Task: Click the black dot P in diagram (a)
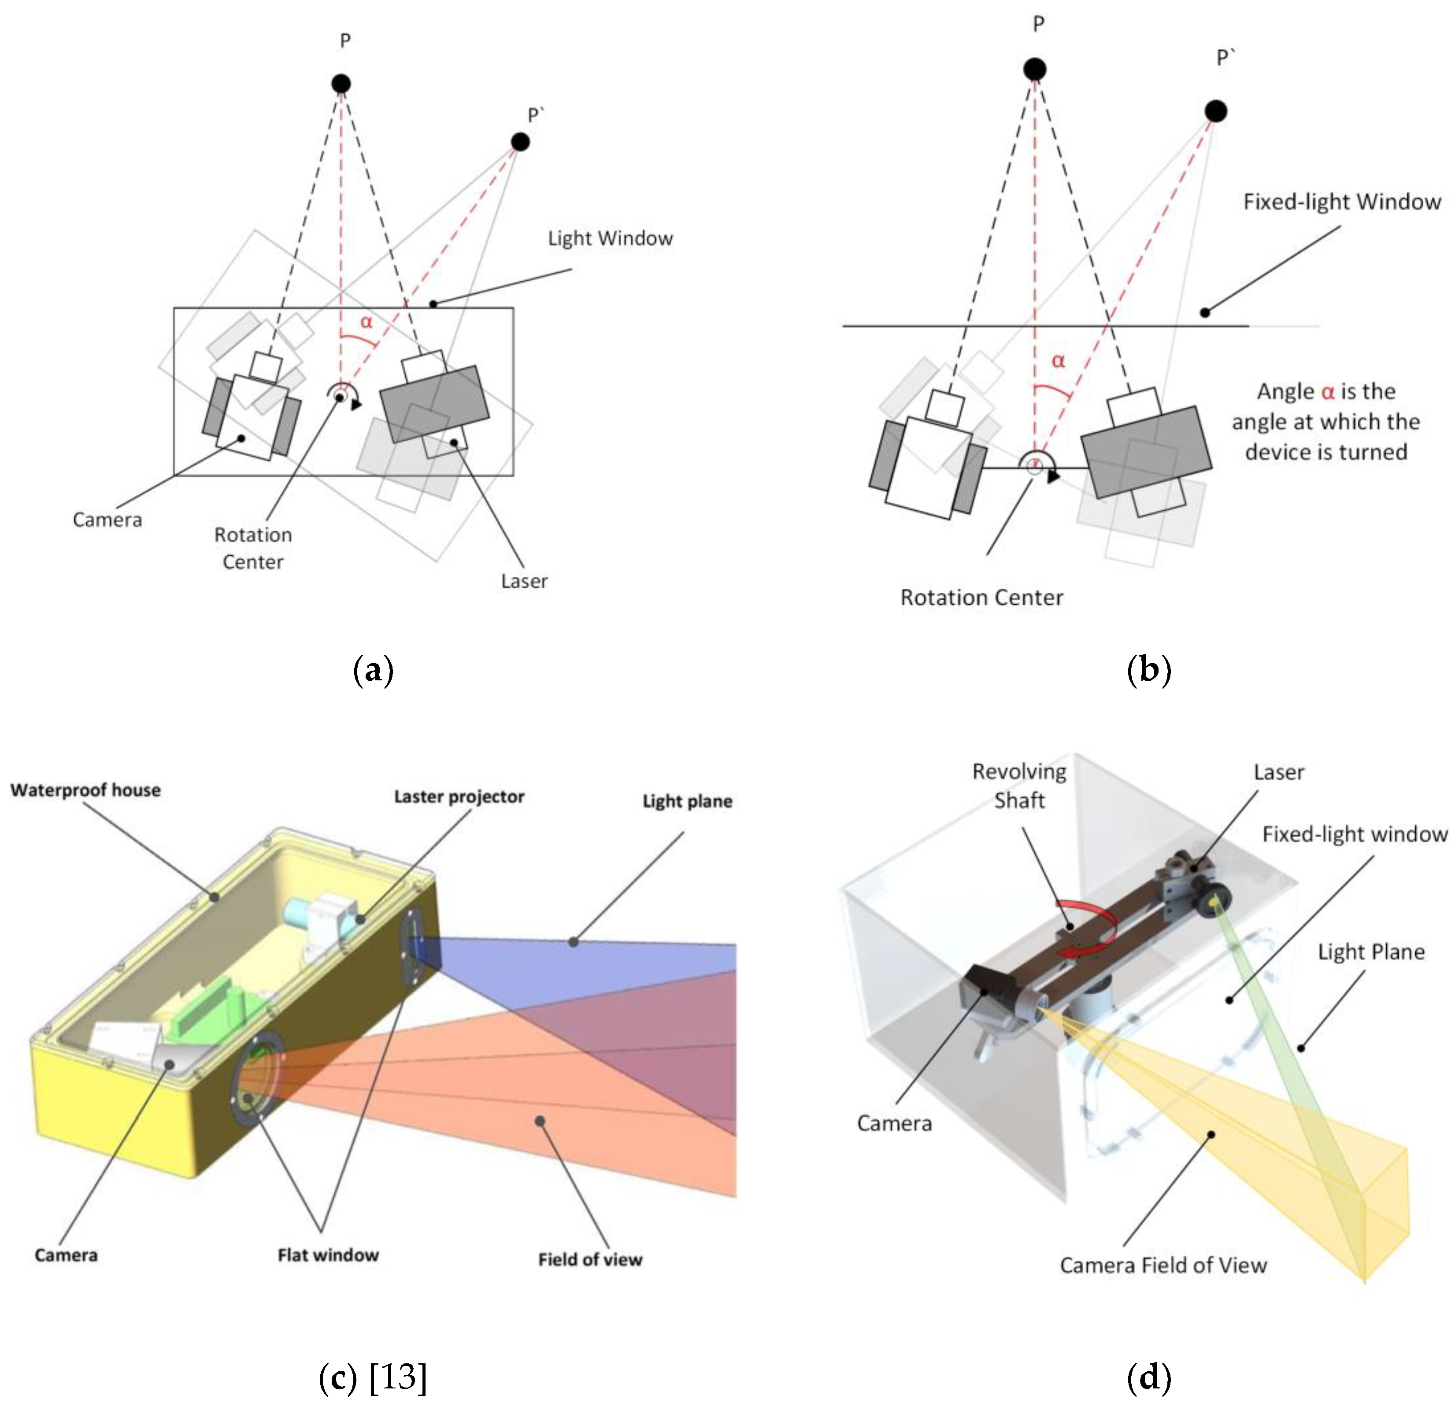pos(341,84)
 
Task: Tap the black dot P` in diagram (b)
pos(1215,111)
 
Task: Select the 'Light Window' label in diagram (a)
pos(610,238)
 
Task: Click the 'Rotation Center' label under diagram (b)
pos(981,598)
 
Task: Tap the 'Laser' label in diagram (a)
pos(524,581)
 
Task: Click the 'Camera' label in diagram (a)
pos(107,520)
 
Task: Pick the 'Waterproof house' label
pos(85,790)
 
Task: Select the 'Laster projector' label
pos(459,796)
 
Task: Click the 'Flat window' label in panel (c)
pos(328,1255)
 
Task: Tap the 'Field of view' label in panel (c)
pos(590,1259)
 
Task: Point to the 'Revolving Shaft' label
pos(1019,786)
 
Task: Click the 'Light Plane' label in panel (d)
pos(1371,952)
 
